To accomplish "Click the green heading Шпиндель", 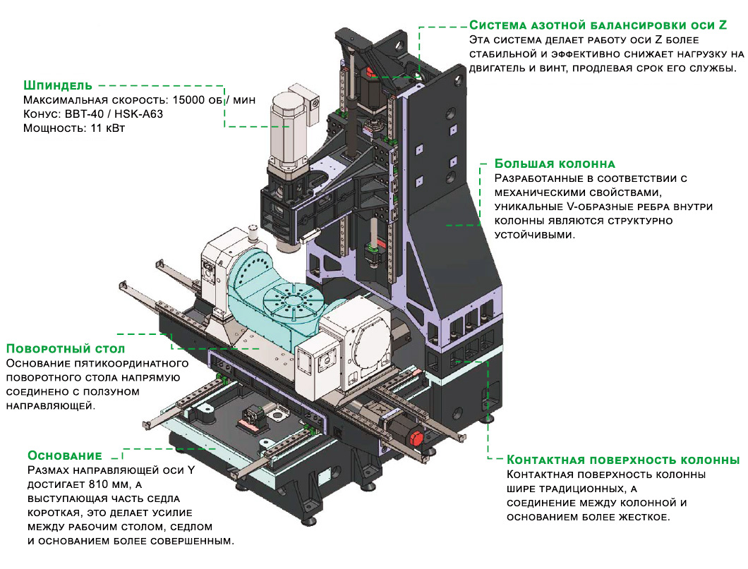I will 58,85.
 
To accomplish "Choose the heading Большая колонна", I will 555,164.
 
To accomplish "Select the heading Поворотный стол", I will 65,349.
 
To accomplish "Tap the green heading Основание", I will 65,455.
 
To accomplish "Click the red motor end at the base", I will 414,437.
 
